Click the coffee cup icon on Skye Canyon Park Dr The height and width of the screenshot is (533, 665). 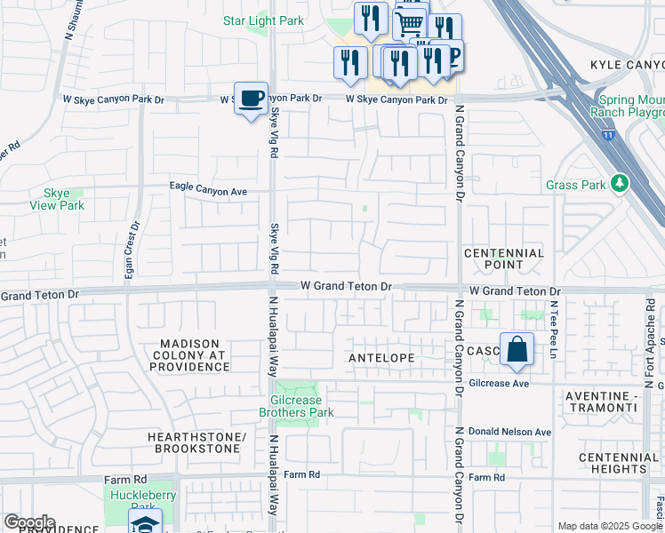pos(252,97)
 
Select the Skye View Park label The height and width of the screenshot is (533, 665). pos(63,199)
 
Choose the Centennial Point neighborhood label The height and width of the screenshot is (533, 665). pos(503,259)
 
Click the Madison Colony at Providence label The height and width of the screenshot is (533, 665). pos(194,354)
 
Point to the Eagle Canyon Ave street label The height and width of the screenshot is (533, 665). pos(208,190)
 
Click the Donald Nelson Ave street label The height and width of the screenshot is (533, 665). pos(509,432)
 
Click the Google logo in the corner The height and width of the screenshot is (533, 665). pos(28,522)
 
